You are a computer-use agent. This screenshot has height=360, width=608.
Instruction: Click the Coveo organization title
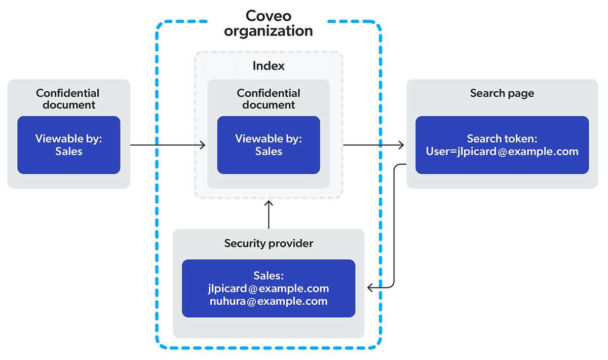click(x=269, y=23)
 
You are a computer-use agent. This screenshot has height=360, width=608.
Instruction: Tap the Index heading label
click(x=269, y=66)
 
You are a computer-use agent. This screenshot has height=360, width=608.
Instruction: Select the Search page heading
click(x=502, y=93)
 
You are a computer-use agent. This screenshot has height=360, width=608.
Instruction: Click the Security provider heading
click(x=269, y=243)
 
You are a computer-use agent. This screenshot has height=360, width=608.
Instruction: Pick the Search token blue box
click(x=502, y=145)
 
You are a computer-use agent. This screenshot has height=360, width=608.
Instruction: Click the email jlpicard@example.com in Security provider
click(x=269, y=289)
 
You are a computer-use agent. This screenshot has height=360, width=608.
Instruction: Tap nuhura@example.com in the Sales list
click(x=269, y=301)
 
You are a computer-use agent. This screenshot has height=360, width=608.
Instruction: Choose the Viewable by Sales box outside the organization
click(x=69, y=145)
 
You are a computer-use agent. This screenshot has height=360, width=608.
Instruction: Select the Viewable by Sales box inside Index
click(x=269, y=145)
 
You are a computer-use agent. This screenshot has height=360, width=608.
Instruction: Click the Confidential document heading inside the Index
click(x=269, y=99)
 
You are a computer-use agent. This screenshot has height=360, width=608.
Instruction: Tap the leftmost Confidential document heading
click(x=68, y=99)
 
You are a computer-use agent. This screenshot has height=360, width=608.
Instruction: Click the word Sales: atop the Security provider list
click(x=269, y=276)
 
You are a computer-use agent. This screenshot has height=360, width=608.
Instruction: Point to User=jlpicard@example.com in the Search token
click(x=502, y=152)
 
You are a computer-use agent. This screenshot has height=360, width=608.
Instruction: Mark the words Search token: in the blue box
click(x=502, y=139)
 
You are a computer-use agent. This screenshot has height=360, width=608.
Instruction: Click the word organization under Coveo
click(x=269, y=31)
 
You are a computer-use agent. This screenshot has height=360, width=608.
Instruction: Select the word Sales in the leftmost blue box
click(x=69, y=152)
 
